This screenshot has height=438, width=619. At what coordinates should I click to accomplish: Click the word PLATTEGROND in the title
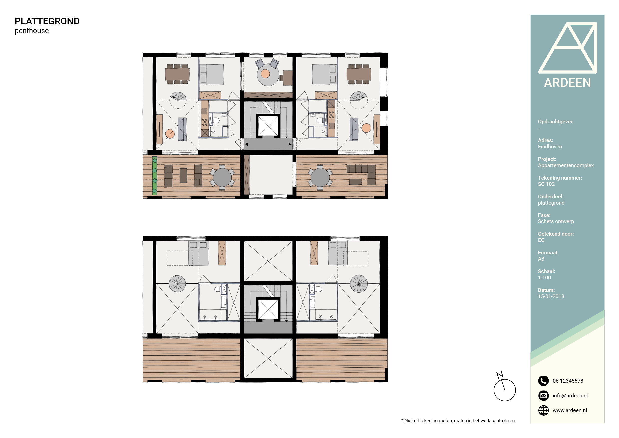tap(47, 21)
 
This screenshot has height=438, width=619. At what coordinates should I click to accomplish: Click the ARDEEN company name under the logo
tap(567, 82)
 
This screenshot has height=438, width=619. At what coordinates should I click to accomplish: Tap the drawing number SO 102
tap(546, 184)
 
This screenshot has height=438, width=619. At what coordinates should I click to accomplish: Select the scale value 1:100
tap(544, 277)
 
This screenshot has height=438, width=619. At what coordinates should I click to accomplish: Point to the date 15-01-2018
tap(551, 296)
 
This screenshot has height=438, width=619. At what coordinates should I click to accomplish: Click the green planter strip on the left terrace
tap(155, 175)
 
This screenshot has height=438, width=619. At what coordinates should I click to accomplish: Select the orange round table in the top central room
tap(265, 74)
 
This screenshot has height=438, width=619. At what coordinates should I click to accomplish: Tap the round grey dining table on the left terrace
tap(222, 178)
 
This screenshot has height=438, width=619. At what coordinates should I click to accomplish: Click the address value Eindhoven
tap(550, 146)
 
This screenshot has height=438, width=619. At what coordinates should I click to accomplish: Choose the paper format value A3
tap(541, 259)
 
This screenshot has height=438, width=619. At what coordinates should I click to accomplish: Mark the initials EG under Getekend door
tap(541, 240)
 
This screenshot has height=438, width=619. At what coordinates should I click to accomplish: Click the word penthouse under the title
tap(32, 31)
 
